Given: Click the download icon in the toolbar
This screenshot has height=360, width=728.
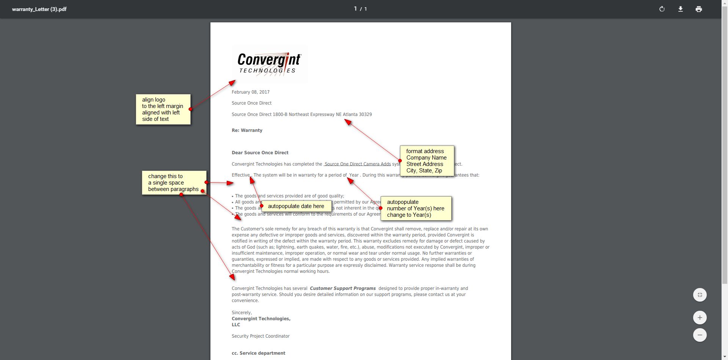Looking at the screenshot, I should [680, 9].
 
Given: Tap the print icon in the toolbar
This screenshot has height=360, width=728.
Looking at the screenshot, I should [698, 9].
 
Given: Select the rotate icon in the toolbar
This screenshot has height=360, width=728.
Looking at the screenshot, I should [662, 9].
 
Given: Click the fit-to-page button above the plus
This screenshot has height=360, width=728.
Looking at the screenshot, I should [700, 295].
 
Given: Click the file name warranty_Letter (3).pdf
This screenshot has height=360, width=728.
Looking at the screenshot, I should [39, 9].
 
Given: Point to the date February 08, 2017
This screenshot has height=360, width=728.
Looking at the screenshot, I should [251, 92].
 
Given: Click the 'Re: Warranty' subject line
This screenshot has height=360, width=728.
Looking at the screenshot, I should [247, 130].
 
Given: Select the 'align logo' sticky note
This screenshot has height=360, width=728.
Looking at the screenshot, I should [163, 109].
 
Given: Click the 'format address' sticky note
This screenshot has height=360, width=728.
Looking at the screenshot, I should [427, 161].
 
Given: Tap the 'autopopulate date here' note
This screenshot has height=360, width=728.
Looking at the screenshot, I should [296, 206].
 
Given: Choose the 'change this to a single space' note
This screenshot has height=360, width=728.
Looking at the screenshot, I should [174, 183].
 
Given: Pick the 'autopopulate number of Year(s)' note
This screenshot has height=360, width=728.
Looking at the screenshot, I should [416, 208].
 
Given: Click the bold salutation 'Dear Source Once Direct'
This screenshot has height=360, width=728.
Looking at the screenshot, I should [260, 153].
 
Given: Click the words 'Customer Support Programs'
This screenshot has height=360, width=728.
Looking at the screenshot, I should [343, 288].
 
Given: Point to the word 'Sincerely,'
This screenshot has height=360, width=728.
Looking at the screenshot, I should [242, 313].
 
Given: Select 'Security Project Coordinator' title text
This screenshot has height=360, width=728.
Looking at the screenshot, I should [260, 336].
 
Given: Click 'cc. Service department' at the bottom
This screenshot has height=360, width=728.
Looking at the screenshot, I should [259, 353].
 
